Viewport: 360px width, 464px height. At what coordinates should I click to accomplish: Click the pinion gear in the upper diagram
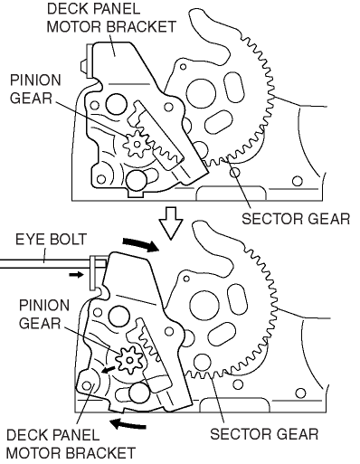(x=137, y=144)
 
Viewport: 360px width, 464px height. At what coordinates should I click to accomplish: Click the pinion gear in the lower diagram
(x=129, y=360)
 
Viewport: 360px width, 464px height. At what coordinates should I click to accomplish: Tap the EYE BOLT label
(x=51, y=239)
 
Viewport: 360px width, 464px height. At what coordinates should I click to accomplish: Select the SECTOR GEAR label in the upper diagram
(x=296, y=219)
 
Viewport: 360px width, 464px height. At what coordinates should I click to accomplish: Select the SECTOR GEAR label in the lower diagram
(x=264, y=434)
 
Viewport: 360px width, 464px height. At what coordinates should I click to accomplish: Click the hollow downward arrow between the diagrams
(x=171, y=223)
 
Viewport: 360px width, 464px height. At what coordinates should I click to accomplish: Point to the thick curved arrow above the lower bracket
(x=141, y=243)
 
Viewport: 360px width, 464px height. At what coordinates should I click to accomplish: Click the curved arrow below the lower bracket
(x=128, y=424)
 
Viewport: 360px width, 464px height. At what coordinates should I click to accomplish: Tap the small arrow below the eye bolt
(x=76, y=274)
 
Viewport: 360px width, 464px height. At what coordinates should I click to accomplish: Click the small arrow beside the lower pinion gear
(x=108, y=370)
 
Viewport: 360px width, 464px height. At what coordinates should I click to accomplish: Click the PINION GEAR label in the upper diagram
(x=35, y=90)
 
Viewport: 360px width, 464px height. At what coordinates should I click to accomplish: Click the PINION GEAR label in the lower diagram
(x=44, y=314)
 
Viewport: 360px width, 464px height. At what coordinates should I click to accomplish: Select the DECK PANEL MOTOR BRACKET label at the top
(x=111, y=18)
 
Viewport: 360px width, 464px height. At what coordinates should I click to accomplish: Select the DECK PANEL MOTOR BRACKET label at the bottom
(x=71, y=444)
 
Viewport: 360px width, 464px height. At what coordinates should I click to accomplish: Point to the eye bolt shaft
(x=45, y=264)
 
